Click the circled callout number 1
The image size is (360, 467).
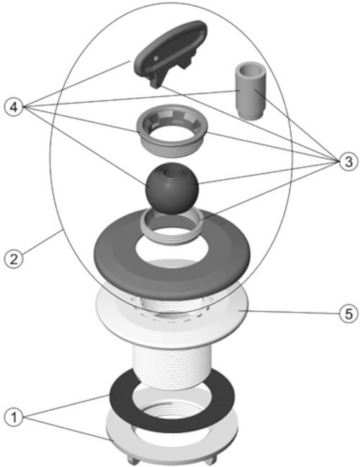(14, 417)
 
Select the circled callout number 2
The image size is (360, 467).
(14, 258)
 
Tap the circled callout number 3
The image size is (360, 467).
(348, 161)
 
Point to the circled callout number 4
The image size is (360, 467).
(14, 107)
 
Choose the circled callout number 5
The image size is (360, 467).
(348, 314)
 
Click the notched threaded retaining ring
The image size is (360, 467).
(171, 130)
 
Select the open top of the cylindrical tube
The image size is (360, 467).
(251, 69)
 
